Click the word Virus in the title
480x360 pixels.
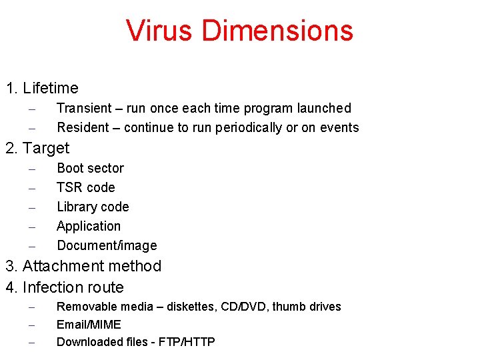coord(160,31)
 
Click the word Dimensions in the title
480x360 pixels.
coord(277,31)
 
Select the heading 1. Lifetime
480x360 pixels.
coord(42,88)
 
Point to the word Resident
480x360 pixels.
coord(83,127)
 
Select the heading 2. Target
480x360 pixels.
coord(37,147)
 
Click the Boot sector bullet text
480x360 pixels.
coord(90,168)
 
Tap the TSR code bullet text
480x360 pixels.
coord(85,187)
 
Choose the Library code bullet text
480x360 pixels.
coord(93,207)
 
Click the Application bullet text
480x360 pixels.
coord(89,226)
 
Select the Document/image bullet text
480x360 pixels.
coord(107,245)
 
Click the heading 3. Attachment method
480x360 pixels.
coord(83,266)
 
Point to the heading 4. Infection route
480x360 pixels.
coord(65,287)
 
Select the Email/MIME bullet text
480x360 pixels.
coord(89,325)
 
